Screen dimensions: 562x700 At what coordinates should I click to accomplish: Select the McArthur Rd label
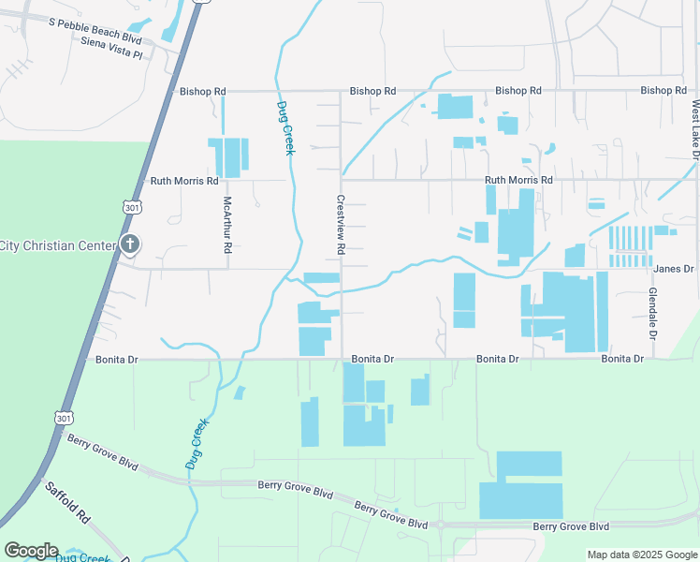click(x=226, y=225)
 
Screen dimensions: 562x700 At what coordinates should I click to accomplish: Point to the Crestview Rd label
click(x=342, y=225)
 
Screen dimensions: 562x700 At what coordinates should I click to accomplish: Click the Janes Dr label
click(x=673, y=269)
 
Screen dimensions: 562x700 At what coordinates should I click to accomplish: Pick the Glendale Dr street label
click(x=651, y=313)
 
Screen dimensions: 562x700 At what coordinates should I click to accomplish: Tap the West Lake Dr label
click(x=695, y=130)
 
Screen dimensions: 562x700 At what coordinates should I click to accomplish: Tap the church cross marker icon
click(x=130, y=246)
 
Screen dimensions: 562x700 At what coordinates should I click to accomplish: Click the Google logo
click(x=31, y=551)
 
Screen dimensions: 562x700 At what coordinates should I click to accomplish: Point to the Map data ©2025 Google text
click(x=641, y=555)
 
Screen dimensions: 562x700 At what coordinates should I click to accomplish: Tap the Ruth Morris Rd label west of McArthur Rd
click(x=184, y=180)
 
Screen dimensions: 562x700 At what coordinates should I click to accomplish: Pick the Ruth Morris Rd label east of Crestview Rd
click(x=518, y=180)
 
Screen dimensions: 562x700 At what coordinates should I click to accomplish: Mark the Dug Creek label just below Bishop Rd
click(x=284, y=127)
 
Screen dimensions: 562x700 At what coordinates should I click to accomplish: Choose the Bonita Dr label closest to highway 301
click(x=117, y=359)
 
